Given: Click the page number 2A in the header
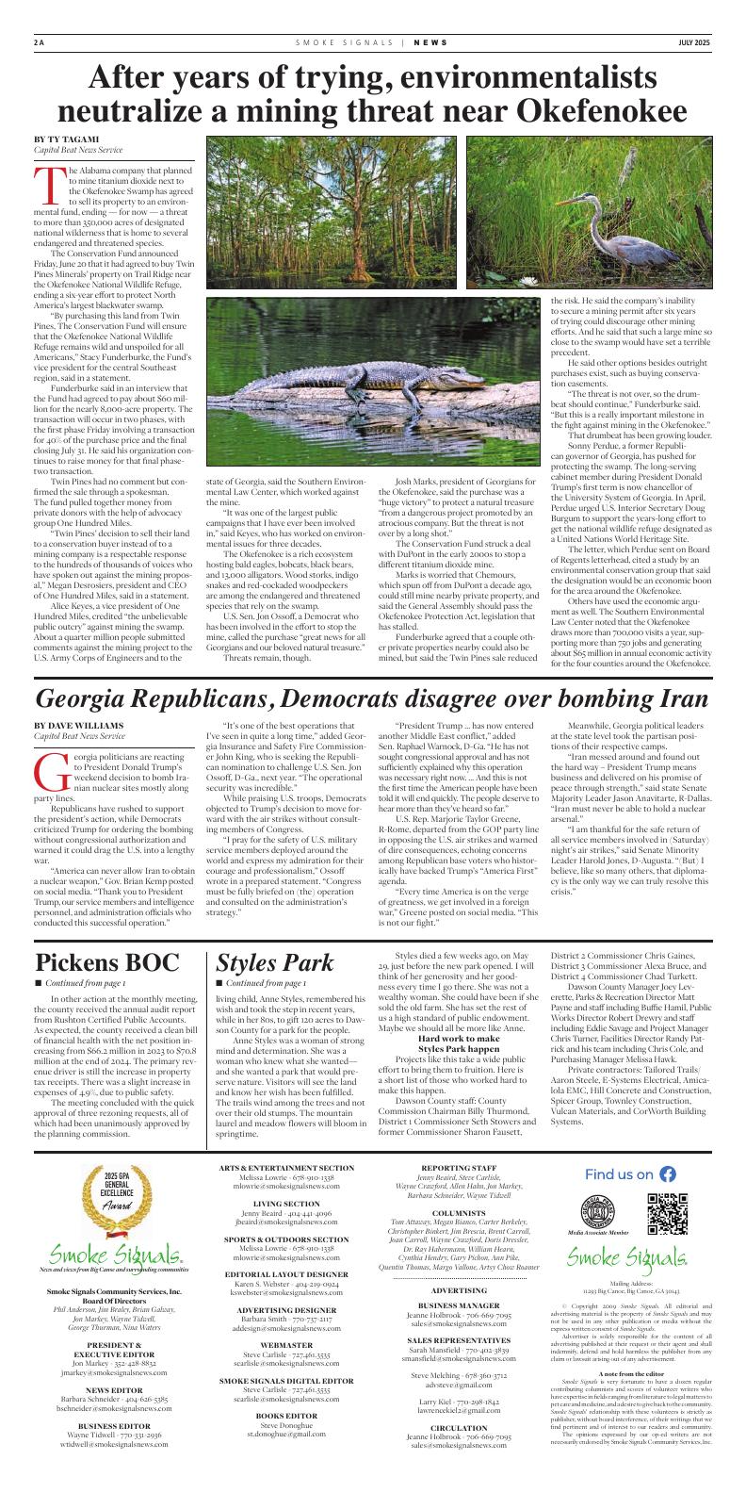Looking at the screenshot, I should pos(39,42).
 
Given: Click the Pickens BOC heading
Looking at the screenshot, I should pos(106,962).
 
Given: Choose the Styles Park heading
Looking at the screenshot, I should pos(275,962).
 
